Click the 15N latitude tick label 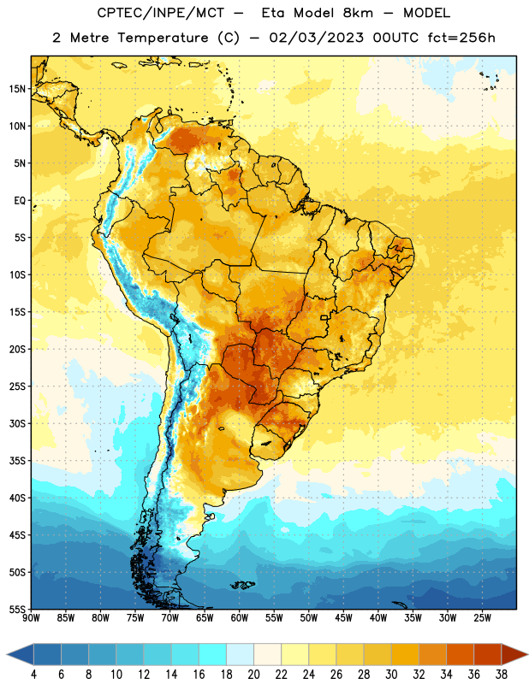[x=17, y=89]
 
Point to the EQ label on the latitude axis [x=20, y=201]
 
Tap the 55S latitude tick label [x=17, y=609]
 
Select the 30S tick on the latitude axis [x=17, y=423]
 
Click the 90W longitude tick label [x=32, y=617]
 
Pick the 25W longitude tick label [x=482, y=617]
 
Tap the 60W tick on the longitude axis [x=240, y=617]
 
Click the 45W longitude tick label [x=344, y=617]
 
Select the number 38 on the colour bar [x=501, y=675]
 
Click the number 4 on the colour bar [x=33, y=675]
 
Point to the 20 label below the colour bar [x=253, y=675]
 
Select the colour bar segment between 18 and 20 [x=240, y=653]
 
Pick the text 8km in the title [x=358, y=13]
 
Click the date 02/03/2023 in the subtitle [x=316, y=38]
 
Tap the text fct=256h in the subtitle [x=461, y=38]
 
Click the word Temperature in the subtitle [x=163, y=38]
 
